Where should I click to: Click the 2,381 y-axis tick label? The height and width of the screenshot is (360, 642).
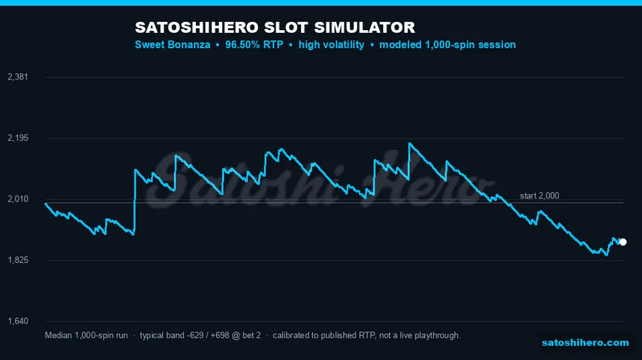click(18, 76)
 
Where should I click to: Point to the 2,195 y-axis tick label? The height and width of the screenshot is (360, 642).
click(18, 138)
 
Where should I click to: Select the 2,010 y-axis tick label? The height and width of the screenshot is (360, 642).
click(18, 199)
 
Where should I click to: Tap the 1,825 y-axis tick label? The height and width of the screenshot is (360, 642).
click(18, 260)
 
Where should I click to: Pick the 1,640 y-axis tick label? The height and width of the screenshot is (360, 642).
click(18, 321)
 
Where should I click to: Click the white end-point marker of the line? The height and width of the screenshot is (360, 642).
click(623, 242)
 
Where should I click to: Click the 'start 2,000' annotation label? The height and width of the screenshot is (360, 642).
click(539, 196)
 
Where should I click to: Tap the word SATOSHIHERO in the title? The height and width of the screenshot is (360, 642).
click(197, 27)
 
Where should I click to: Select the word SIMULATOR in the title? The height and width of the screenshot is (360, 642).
click(364, 27)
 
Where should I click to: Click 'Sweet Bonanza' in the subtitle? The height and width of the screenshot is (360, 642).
click(173, 45)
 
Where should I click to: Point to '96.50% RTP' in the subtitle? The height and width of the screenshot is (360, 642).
click(254, 45)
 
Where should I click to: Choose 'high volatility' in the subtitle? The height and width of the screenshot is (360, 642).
click(331, 45)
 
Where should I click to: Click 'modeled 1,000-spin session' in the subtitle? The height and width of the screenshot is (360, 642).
click(447, 45)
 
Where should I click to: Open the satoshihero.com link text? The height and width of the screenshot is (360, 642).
click(585, 343)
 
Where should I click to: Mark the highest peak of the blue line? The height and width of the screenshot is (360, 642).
click(409, 143)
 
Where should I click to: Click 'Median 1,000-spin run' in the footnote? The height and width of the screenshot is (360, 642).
click(86, 335)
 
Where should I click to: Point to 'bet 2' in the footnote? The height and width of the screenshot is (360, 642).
click(251, 335)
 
